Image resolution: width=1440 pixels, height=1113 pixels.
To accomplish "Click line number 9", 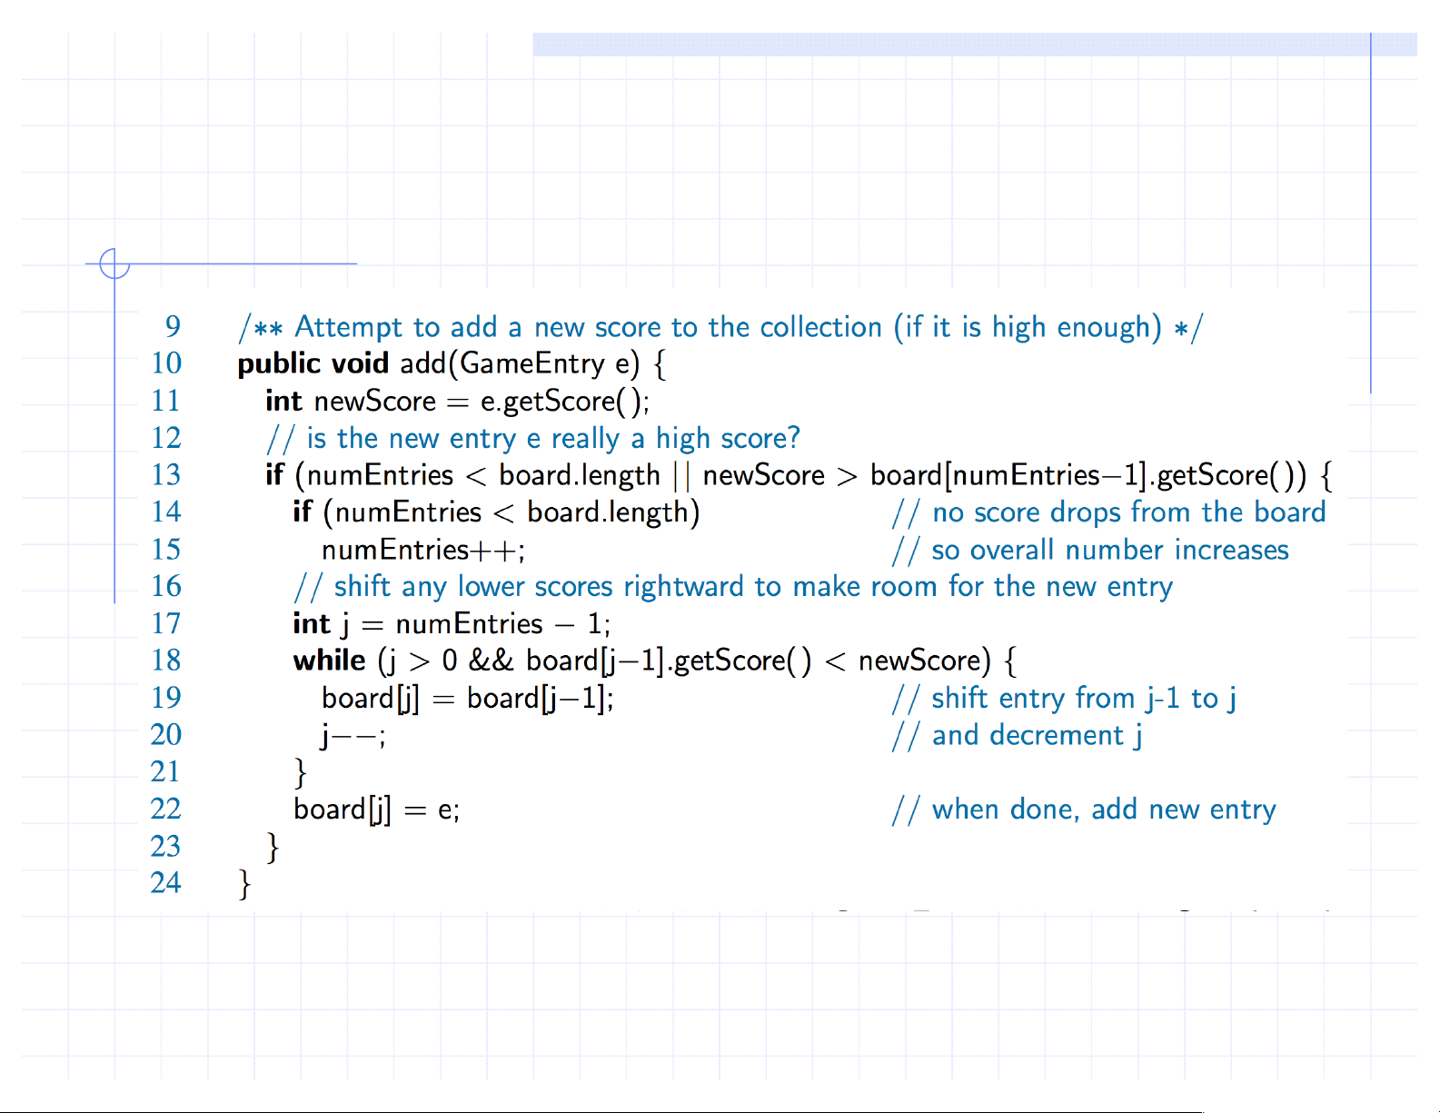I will pyautogui.click(x=173, y=326).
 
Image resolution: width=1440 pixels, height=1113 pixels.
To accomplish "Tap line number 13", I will pyautogui.click(x=166, y=474).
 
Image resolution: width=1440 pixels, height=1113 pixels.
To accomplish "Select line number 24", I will pyautogui.click(x=166, y=882).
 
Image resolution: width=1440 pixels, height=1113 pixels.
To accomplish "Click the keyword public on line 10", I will pyautogui.click(x=280, y=363).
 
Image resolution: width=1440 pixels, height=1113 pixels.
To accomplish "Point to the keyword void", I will pyautogui.click(x=360, y=363).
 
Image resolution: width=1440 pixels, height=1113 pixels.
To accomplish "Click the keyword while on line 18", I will pyautogui.click(x=329, y=661).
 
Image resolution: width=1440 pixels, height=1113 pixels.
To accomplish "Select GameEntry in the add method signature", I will pyautogui.click(x=532, y=363).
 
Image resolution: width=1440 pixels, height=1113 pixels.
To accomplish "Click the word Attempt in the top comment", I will pyautogui.click(x=348, y=327).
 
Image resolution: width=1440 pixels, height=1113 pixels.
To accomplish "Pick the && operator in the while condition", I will pyautogui.click(x=491, y=661).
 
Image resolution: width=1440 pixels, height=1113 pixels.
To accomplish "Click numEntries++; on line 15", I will pyautogui.click(x=423, y=550).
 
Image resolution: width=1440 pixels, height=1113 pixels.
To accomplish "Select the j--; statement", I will pyautogui.click(x=353, y=735).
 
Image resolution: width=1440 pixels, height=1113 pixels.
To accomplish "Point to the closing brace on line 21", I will pyautogui.click(x=301, y=772).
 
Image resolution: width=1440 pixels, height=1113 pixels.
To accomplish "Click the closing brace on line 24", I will pyautogui.click(x=244, y=883).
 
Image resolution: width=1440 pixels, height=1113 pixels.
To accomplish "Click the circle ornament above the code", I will pyautogui.click(x=114, y=263).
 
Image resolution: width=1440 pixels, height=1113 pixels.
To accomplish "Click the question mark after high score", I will pyautogui.click(x=794, y=438).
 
